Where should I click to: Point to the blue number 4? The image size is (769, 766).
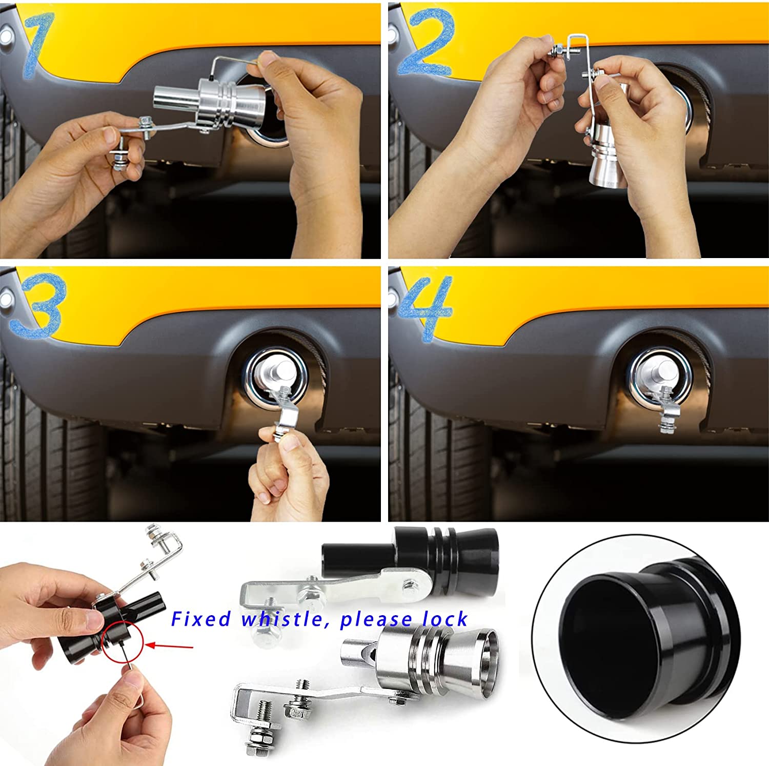[426, 308]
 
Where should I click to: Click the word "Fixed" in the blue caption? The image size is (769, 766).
[201, 619]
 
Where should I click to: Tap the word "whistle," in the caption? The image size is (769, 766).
[284, 619]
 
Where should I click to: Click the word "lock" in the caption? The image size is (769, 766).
[445, 619]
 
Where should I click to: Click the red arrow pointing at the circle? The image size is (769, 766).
[169, 645]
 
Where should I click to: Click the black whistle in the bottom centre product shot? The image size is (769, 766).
[410, 559]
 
